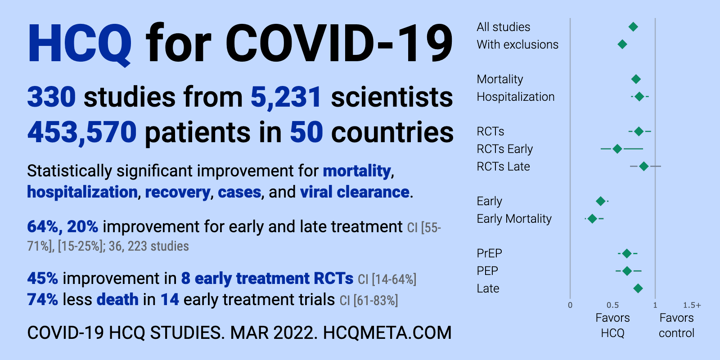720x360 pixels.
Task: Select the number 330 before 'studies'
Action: (x=51, y=97)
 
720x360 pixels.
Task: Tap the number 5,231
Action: (x=286, y=97)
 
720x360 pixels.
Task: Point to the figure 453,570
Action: (x=82, y=132)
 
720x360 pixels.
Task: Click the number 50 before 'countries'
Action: (x=306, y=132)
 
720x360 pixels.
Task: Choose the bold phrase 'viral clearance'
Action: (x=355, y=192)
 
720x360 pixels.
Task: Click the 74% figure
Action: (x=42, y=300)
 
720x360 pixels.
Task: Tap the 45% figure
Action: (x=42, y=279)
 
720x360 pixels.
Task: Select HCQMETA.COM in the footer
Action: (x=387, y=333)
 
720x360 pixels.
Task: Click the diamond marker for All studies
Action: (x=633, y=27)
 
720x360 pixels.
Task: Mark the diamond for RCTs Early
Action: (x=617, y=149)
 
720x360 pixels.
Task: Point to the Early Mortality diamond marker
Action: (x=592, y=219)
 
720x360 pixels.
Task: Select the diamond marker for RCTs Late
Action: (x=644, y=166)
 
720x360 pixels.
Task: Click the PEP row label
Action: (x=487, y=271)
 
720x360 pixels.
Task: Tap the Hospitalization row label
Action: (x=516, y=97)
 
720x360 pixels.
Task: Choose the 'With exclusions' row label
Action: (x=517, y=45)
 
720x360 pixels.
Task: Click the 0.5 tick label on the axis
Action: (x=612, y=305)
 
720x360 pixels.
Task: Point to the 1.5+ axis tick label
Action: (x=692, y=305)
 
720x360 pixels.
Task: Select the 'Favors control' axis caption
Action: (x=677, y=325)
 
